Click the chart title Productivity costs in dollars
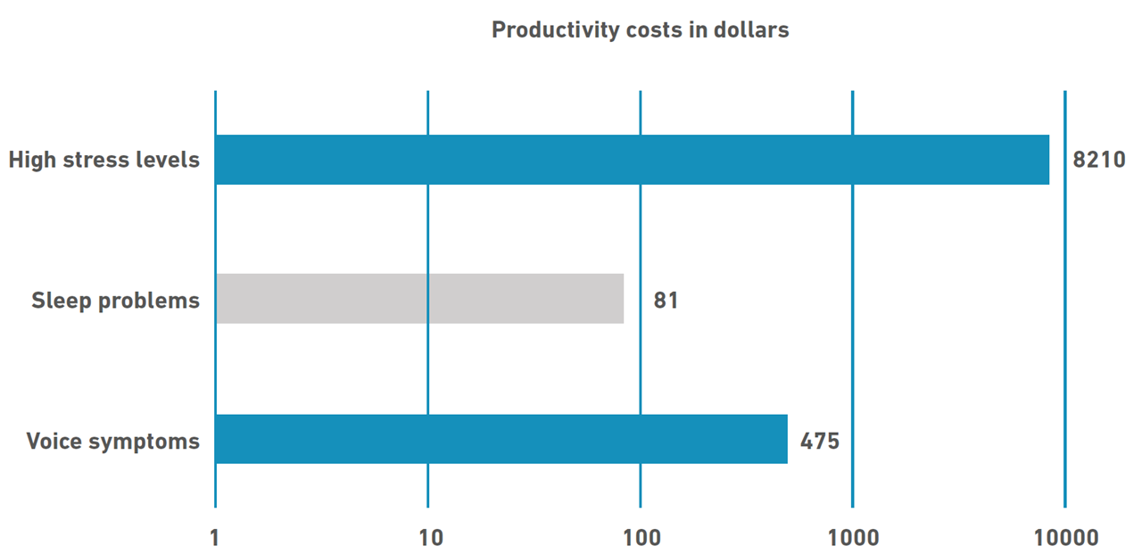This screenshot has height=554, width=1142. coord(640,29)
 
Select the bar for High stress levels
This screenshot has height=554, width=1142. coord(632,160)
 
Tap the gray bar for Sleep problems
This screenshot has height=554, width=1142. coord(419,299)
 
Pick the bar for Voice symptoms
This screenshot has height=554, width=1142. coord(501,439)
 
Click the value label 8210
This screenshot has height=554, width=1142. coord(1099,161)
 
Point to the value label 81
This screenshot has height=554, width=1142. coord(666,300)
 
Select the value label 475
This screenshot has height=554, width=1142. coord(820,441)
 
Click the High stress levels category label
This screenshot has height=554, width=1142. coord(103,161)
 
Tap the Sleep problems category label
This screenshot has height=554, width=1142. coord(115,301)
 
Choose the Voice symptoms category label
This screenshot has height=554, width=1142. coord(112,441)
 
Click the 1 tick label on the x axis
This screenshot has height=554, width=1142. coord(215,538)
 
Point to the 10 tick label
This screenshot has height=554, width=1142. coord(430,538)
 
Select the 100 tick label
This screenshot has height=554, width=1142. coord(641,538)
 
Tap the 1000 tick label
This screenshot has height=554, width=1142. coord(853,538)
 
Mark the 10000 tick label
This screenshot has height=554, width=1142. coord(1065,538)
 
